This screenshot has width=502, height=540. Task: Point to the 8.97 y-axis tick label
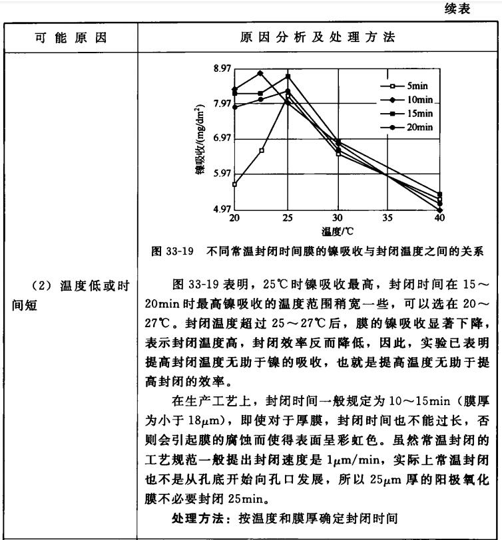coord(222,68)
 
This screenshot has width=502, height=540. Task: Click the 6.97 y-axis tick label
coord(222,139)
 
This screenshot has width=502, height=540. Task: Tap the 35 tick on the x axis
coord(387,218)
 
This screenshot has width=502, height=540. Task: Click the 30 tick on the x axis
coord(337,218)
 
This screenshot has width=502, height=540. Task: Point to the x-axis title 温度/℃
coord(337,231)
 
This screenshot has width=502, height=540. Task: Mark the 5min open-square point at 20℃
coord(234,184)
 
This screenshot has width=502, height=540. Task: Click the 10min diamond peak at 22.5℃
coord(260,73)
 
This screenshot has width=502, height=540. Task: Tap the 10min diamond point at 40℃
coord(439,210)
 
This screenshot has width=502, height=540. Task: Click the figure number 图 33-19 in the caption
coord(172,251)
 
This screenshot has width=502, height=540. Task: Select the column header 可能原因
coord(71,37)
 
